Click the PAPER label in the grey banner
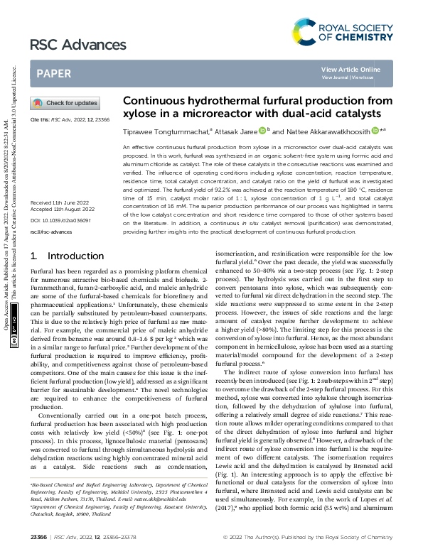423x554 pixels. pyautogui.click(x=53, y=73)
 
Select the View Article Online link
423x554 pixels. pyautogui.click(x=350, y=69)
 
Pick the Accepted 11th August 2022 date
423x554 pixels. pyautogui.click(x=60, y=190)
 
